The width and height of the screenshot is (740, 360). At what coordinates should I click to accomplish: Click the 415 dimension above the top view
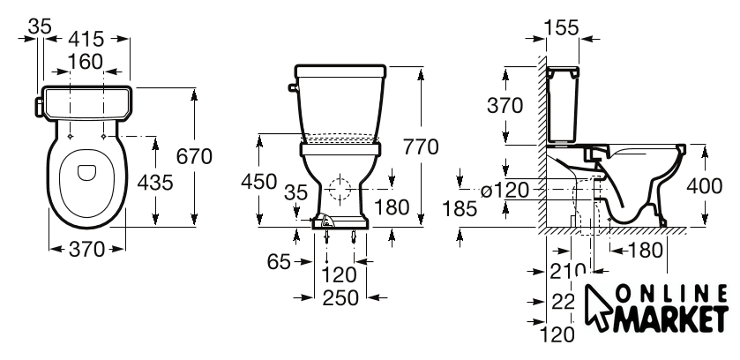pyautogui.click(x=86, y=40)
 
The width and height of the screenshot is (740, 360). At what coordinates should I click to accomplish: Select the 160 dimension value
pyautogui.click(x=85, y=62)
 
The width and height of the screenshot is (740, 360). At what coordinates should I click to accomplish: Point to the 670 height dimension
pyautogui.click(x=194, y=156)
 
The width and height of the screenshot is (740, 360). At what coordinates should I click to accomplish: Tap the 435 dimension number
pyautogui.click(x=155, y=182)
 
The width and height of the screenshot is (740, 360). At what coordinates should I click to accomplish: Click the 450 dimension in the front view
pyautogui.click(x=258, y=181)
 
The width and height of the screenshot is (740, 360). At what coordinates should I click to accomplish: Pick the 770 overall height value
pyautogui.click(x=421, y=147)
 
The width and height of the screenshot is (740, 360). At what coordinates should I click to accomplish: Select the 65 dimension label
pyautogui.click(x=279, y=262)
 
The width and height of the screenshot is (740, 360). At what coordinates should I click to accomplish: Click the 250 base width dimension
pyautogui.click(x=340, y=297)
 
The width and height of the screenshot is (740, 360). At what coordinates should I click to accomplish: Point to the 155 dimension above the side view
pyautogui.click(x=562, y=28)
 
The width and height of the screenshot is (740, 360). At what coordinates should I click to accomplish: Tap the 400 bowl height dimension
pyautogui.click(x=704, y=186)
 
